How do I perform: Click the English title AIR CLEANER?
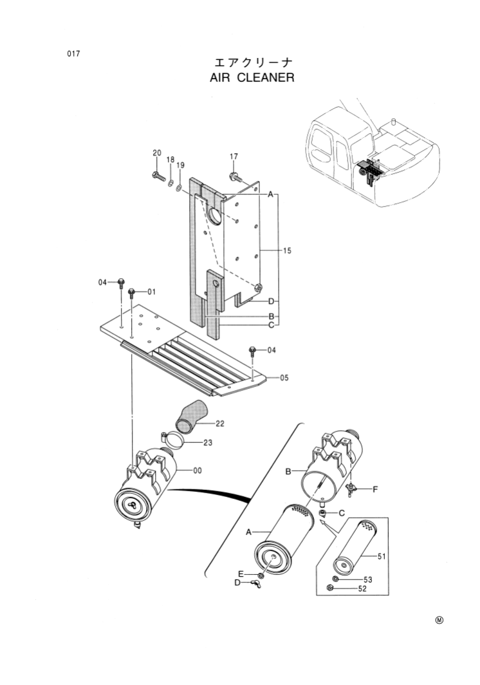point(252,79)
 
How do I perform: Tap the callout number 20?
point(156,153)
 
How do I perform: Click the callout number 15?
point(287,250)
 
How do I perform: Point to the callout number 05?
point(284,379)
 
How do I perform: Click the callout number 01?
point(151,292)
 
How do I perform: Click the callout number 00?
point(198,471)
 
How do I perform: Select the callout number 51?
point(381,556)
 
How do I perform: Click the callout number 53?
point(368,580)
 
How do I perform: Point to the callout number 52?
point(362,588)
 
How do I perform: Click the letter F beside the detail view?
point(374,489)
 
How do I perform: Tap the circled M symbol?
point(439,621)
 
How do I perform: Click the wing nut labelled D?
point(256,585)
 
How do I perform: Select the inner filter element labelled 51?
point(352,547)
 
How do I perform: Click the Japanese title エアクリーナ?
point(254,62)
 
